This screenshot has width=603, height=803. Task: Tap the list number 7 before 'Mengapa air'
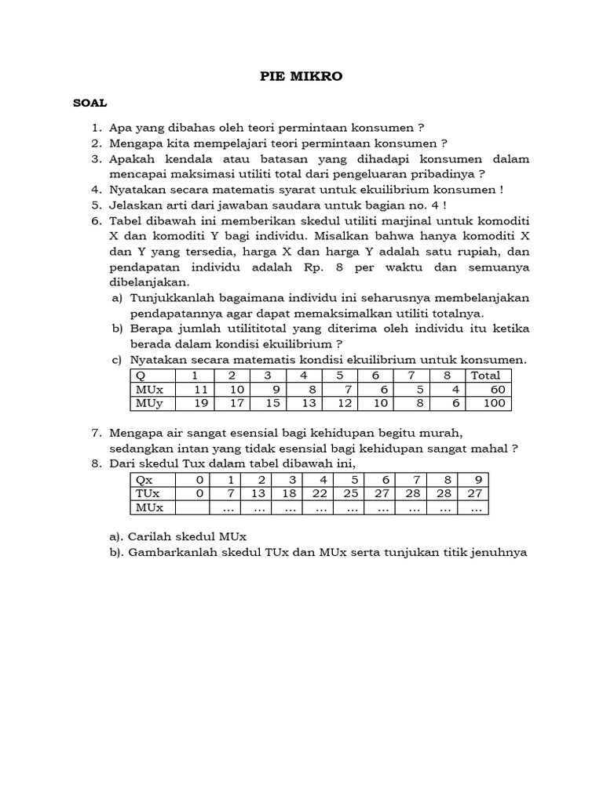[x=96, y=433]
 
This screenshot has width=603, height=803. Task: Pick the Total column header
[x=485, y=375]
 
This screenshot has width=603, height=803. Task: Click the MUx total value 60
[x=497, y=389]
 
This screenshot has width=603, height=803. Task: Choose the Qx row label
[x=144, y=479]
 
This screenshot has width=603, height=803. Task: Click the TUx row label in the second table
[x=148, y=493]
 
